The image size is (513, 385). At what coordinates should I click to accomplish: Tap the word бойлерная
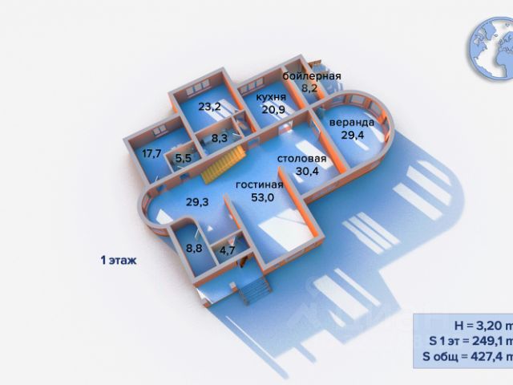click(312, 76)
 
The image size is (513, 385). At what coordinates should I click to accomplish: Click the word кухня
click(271, 97)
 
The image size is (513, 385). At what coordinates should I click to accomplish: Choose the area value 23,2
click(210, 105)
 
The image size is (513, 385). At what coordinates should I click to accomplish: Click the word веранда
click(350, 123)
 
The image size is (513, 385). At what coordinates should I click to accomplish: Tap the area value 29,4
click(351, 135)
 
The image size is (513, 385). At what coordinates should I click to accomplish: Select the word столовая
click(301, 159)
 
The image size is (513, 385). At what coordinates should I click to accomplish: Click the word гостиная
click(259, 184)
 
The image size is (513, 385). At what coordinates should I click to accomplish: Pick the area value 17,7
click(152, 153)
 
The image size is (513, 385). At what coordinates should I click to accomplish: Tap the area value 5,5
click(183, 159)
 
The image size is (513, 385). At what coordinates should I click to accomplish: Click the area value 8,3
click(220, 139)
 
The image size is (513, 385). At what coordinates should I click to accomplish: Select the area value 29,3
click(197, 202)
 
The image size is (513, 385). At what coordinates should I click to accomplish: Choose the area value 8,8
click(194, 249)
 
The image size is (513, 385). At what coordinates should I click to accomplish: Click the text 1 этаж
click(119, 261)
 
